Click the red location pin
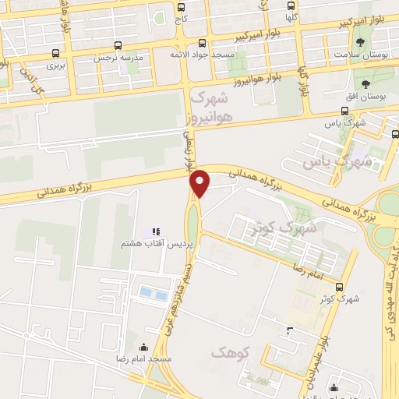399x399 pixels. [x=200, y=183]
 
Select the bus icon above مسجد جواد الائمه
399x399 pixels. [x=203, y=44]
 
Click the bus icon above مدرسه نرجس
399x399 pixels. [x=118, y=45]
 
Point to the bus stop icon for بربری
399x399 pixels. [x=55, y=54]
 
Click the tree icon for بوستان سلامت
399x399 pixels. [x=360, y=44]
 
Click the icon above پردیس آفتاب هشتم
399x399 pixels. [x=156, y=231]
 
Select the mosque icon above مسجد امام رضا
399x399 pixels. [x=142, y=348]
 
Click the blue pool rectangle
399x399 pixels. [x=153, y=294]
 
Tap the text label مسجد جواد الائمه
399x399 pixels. [x=203, y=56]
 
